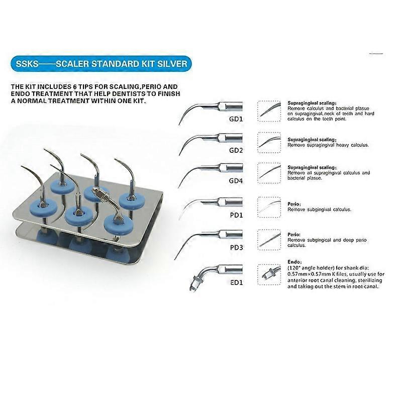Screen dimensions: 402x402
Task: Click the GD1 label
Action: [236, 119]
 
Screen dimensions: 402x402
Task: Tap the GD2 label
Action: [236, 150]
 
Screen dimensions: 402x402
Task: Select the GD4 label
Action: [236, 181]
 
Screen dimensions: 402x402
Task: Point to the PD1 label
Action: [236, 215]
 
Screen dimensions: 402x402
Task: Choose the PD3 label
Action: [236, 248]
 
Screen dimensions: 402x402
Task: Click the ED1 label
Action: [236, 282]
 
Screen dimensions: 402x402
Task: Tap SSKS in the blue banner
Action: [27, 64]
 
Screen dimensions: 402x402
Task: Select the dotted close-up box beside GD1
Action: [269, 111]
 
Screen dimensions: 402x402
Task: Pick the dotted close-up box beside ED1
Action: [269, 274]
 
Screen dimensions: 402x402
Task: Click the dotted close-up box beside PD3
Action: [269, 240]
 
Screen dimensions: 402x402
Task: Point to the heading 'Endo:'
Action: [294, 262]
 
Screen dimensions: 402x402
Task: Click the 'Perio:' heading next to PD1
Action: [294, 204]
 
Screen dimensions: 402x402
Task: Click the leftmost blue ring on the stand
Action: [43, 207]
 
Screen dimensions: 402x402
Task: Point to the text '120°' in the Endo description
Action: [294, 268]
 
